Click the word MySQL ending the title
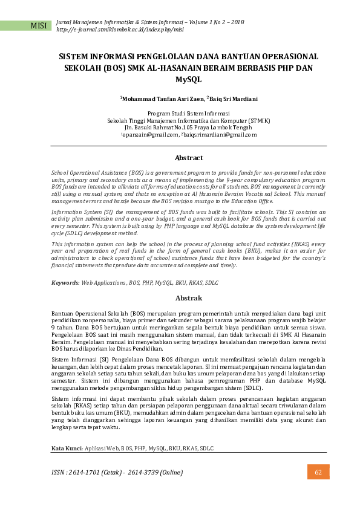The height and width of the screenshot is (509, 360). tap(188, 80)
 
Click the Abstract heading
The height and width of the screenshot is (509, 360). tap(188, 158)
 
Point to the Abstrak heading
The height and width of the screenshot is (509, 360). tap(188, 298)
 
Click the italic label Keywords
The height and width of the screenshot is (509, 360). tap(65, 283)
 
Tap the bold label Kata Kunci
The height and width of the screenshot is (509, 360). tap(66, 448)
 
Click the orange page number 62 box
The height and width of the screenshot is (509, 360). tap(318, 472)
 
